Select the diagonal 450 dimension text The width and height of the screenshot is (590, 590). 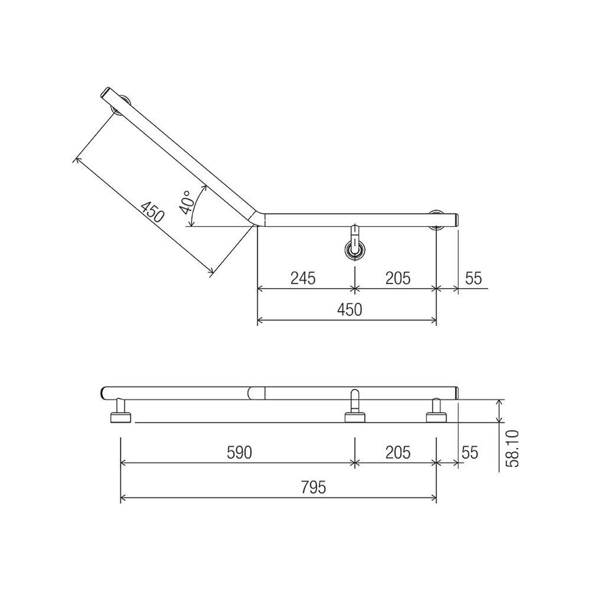tap(153, 212)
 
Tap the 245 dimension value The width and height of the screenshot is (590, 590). tap(303, 278)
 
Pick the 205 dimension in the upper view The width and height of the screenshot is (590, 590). tap(397, 278)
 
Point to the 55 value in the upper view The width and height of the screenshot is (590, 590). tap(473, 278)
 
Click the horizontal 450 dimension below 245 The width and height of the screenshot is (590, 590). tap(349, 309)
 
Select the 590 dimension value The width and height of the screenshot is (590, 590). tap(239, 453)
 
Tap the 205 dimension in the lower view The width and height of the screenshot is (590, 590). tap(397, 453)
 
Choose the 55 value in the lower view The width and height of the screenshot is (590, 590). tap(470, 453)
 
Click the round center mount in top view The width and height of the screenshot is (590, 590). tap(355, 249)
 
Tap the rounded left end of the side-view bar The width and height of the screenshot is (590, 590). tap(104, 393)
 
